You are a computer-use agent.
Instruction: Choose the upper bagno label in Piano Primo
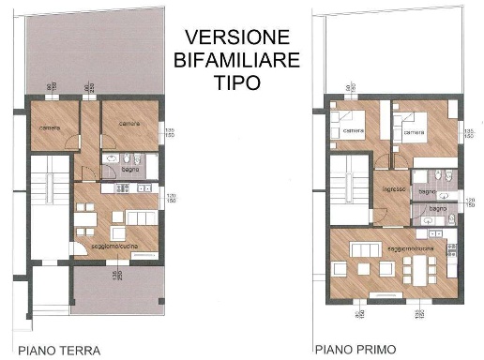(428, 192)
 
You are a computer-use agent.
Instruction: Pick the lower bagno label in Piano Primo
(436, 208)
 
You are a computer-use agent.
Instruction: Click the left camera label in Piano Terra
(49, 127)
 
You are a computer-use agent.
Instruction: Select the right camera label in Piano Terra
(128, 121)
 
